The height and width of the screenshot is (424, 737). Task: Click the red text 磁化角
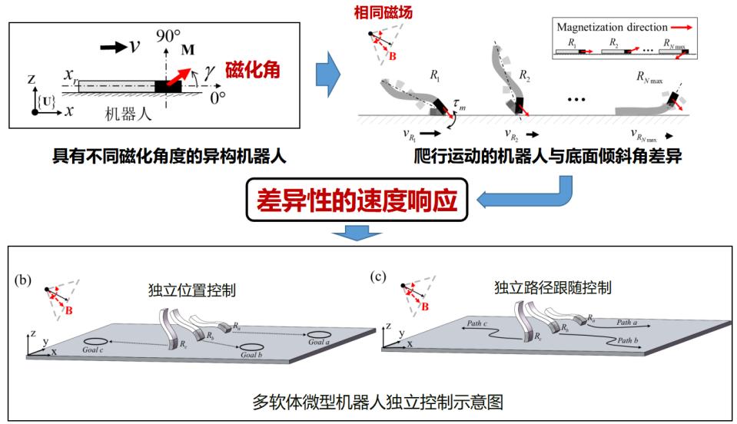251,71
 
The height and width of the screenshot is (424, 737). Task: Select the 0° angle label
219,98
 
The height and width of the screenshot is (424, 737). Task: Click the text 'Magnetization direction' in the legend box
613,27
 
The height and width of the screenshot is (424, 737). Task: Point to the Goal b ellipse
252,346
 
